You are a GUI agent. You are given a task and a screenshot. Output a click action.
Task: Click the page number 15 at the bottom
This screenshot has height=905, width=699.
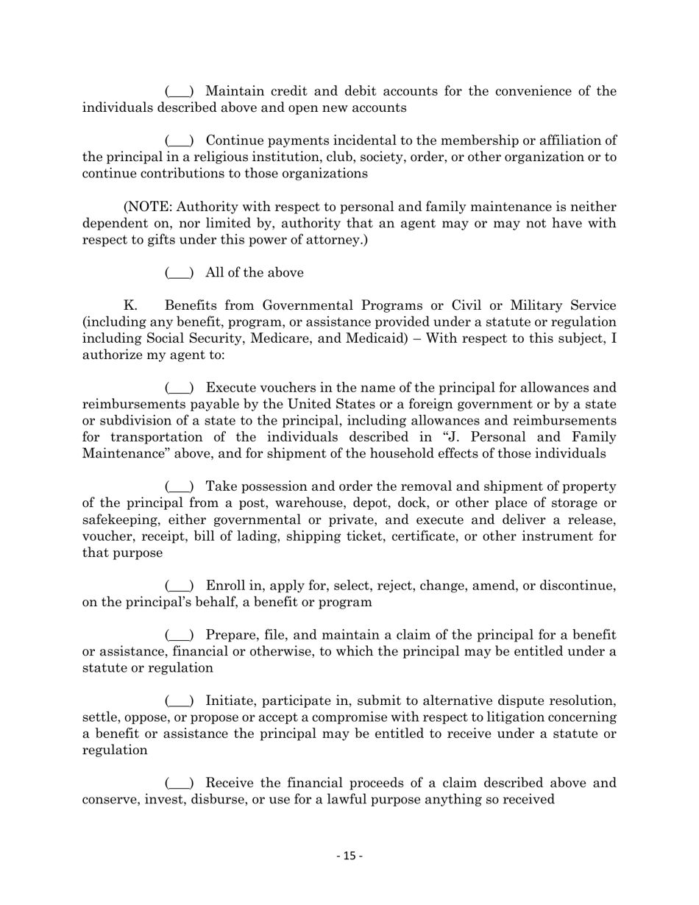tap(349, 856)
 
